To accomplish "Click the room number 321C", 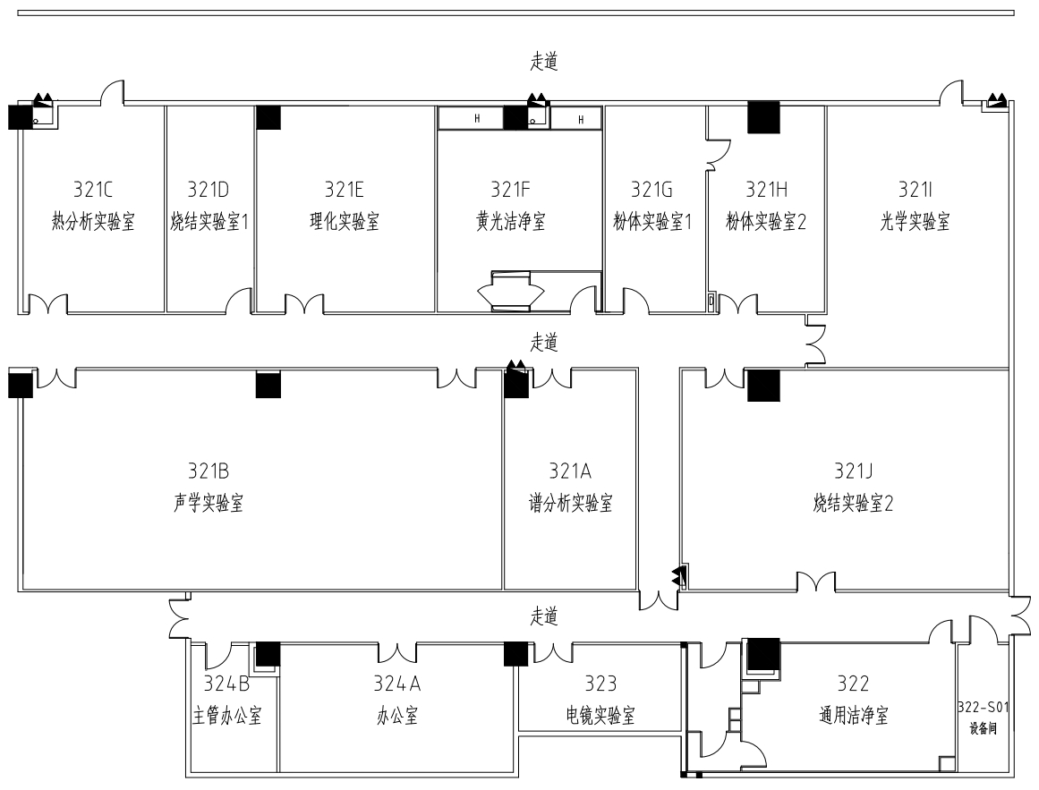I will pos(93,189).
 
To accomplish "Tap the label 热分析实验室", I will pos(93,223).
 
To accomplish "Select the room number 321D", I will pos(209,189).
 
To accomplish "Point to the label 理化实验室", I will pos(345,223).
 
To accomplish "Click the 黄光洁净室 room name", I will pos(511,223).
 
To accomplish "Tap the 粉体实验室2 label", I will pos(766,223).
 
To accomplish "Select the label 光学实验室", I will pos(916,223).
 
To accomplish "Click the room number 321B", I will pos(209,471).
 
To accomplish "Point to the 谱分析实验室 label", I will pos(570,504).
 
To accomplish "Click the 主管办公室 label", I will pos(227,717).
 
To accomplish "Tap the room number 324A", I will pos(397,684).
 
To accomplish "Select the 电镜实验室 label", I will pos(600,717).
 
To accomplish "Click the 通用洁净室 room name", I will pos(853,717).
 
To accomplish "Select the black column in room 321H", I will pos(763,116).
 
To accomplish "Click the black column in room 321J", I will pos(763,385).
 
